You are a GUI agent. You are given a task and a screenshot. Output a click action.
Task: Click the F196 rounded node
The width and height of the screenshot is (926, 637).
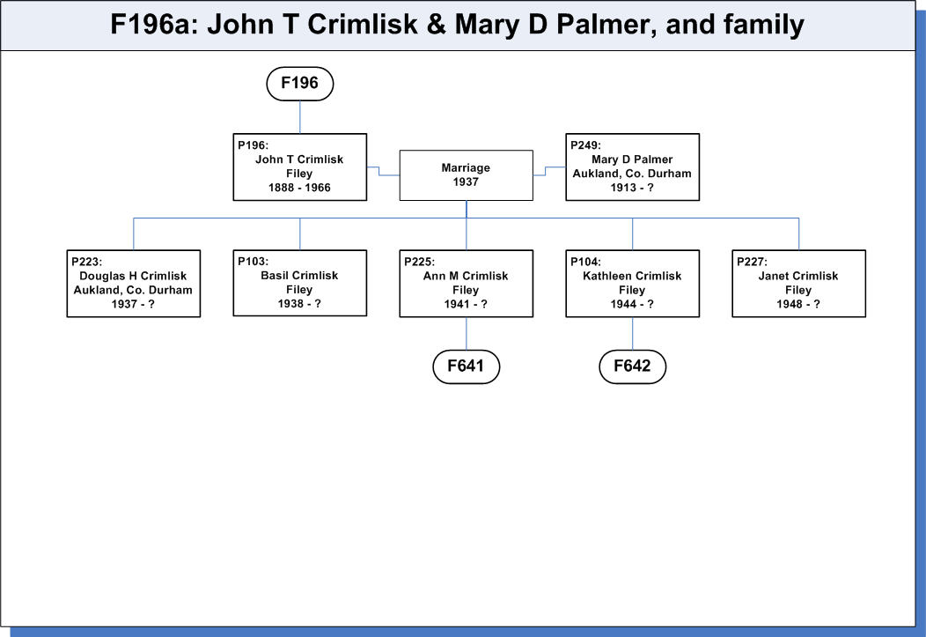(300, 84)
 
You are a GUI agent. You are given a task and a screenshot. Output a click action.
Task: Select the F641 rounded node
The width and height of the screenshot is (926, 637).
(466, 367)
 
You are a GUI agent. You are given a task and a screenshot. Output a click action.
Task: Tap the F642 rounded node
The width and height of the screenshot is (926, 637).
(633, 367)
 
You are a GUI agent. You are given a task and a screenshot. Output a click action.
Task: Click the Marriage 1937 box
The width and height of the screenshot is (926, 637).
(466, 175)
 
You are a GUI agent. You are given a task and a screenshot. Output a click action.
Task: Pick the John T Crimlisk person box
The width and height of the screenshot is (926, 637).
(300, 167)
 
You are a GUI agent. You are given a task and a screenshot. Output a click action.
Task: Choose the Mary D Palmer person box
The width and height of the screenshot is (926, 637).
(633, 167)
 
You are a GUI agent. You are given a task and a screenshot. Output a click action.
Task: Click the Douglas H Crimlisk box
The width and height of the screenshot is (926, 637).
(134, 284)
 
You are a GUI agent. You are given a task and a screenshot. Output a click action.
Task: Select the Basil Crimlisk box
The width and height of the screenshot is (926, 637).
(300, 283)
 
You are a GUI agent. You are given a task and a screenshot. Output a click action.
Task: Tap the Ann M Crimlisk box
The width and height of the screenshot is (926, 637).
(466, 284)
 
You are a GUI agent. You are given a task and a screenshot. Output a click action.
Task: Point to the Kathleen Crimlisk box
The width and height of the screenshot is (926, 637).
(633, 284)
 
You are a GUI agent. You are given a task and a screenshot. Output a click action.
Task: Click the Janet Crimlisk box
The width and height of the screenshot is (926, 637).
(799, 284)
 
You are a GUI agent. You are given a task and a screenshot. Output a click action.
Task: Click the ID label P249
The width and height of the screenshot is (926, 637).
(585, 145)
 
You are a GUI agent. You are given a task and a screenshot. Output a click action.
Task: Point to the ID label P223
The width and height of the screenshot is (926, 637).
(87, 262)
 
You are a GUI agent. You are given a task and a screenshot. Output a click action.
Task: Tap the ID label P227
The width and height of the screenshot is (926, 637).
(752, 262)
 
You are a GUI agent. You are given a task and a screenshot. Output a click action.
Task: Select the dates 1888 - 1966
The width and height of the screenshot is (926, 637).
(299, 188)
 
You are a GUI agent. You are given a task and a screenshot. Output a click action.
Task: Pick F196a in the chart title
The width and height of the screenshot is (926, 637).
(154, 25)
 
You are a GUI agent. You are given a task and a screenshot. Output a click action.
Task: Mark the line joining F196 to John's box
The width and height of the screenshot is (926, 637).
(300, 117)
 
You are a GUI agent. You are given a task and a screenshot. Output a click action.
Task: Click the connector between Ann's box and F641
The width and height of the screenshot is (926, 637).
(466, 333)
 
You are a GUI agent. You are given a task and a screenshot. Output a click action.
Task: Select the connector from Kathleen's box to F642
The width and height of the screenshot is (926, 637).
(633, 333)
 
